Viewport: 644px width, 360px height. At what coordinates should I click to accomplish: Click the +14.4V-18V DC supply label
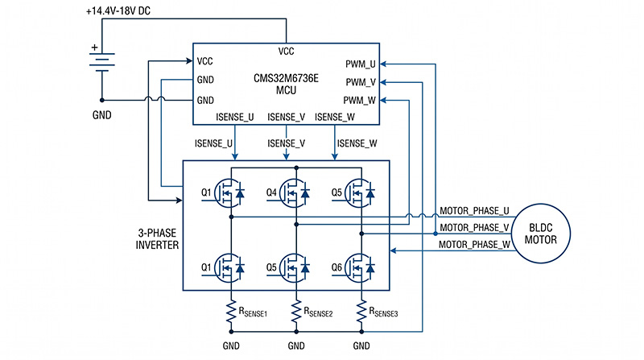(118, 11)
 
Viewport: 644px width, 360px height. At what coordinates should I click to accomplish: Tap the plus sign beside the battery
(94, 48)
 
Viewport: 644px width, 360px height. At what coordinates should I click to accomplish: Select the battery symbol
(102, 62)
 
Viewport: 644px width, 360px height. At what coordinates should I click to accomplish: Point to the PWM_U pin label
(360, 64)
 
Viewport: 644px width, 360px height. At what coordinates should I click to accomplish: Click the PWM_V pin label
(361, 82)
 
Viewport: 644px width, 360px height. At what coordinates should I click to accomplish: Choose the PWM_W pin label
(359, 101)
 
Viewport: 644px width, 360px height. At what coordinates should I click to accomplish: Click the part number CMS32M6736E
(286, 78)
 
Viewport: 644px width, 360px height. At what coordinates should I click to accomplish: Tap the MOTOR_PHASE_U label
(474, 211)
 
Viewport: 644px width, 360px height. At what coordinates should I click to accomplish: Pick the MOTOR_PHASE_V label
(474, 228)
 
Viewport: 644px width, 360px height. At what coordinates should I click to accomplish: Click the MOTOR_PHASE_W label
(474, 245)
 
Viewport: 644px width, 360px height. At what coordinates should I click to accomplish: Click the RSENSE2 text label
(318, 312)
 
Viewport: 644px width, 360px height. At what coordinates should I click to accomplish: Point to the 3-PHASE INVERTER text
(157, 238)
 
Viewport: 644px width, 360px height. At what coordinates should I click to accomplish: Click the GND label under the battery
(102, 115)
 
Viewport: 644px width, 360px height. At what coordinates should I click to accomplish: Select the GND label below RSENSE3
(361, 346)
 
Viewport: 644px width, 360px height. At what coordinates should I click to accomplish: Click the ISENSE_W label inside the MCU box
(335, 117)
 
